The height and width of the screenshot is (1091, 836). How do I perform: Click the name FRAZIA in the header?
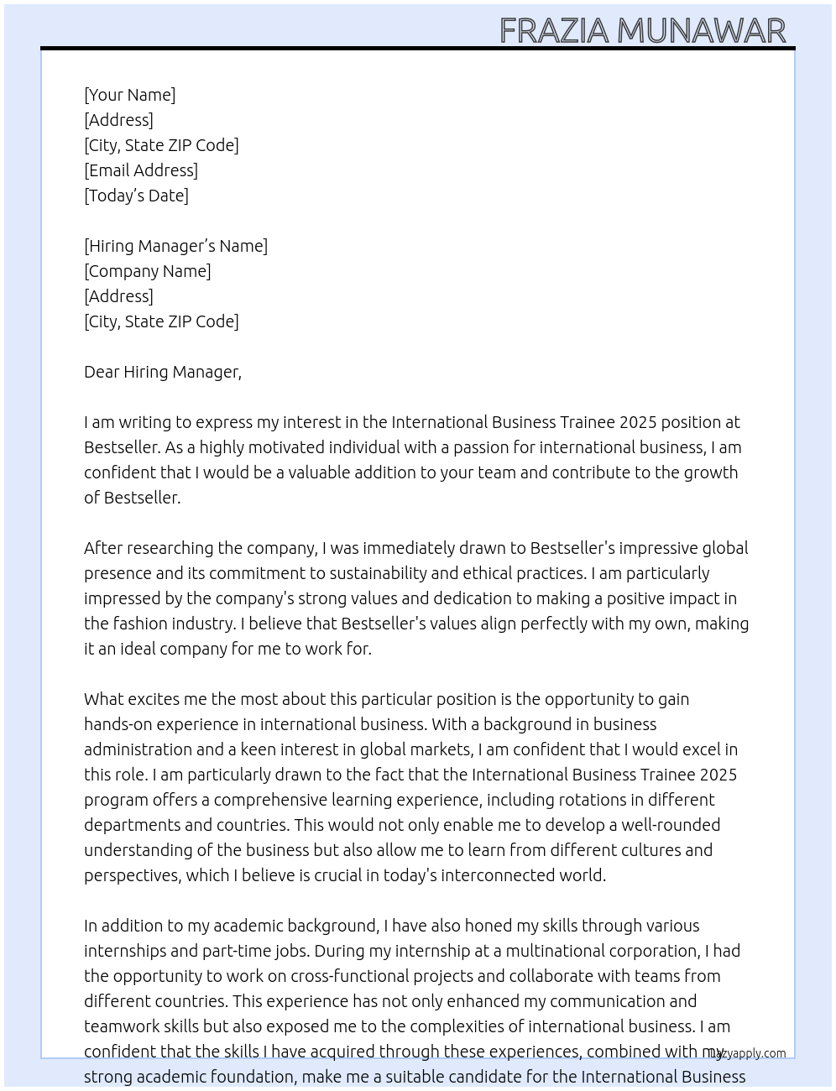(x=554, y=31)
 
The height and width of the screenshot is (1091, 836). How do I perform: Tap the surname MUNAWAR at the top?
(x=702, y=31)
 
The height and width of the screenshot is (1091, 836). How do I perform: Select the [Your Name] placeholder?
(x=130, y=95)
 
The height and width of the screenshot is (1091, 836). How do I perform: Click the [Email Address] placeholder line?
(x=141, y=170)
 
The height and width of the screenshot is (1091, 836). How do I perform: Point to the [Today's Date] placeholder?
(x=136, y=196)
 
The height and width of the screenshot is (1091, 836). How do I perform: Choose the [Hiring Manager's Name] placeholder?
(x=175, y=246)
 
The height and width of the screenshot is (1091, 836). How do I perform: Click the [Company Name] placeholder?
(x=148, y=271)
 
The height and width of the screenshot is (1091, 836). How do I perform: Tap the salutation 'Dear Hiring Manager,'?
(x=163, y=372)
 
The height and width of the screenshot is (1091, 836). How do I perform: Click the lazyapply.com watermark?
(x=748, y=1053)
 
